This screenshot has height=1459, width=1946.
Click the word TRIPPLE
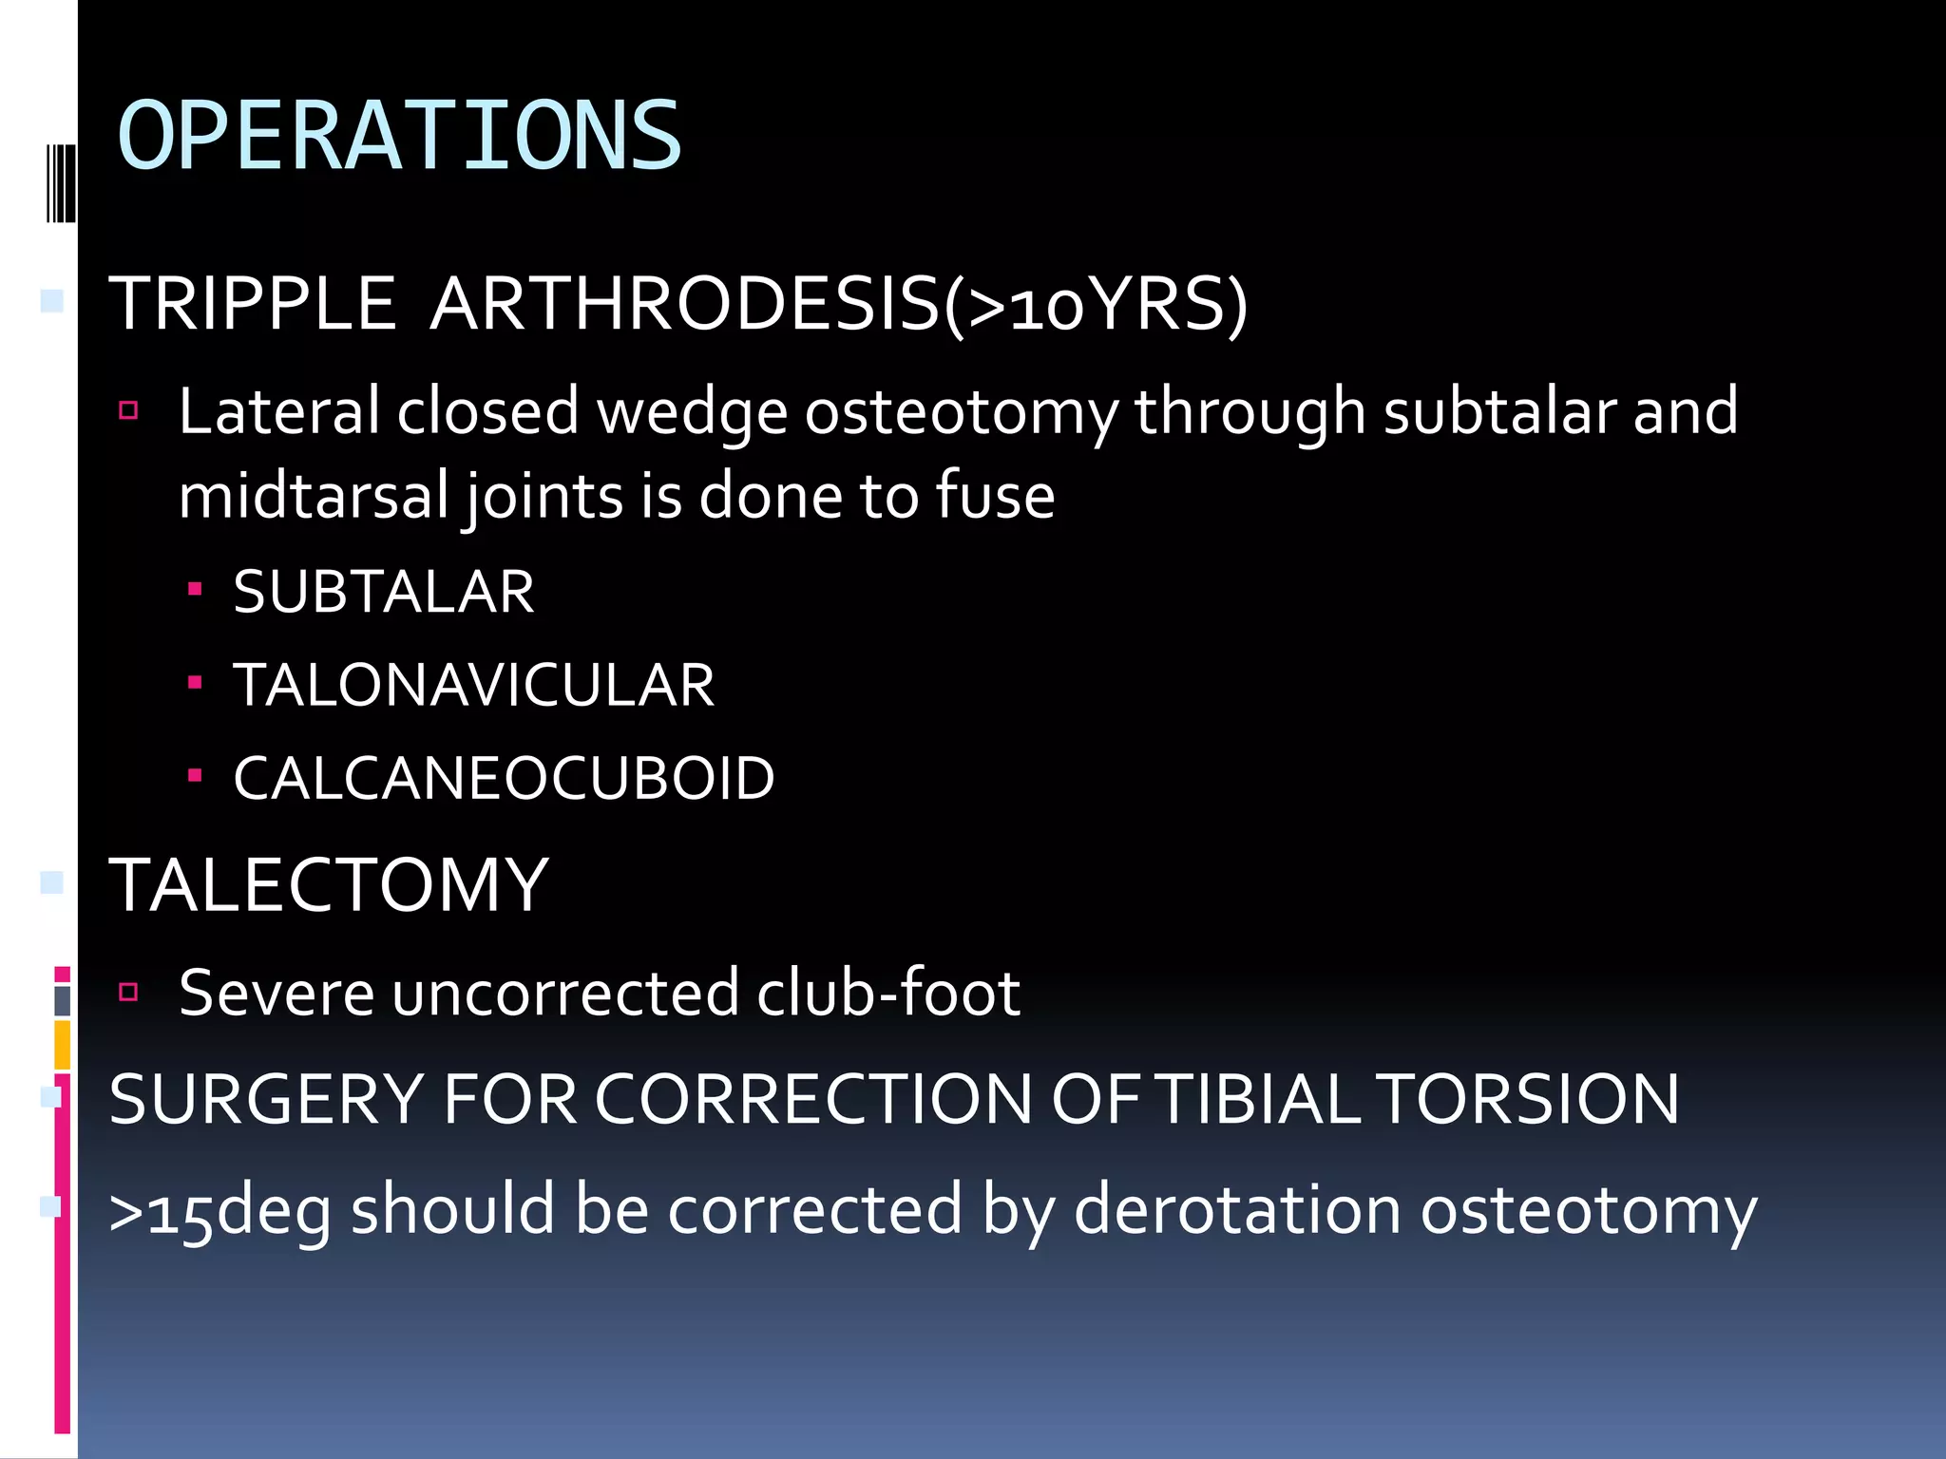tap(252, 304)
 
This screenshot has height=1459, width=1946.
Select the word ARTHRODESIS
tap(684, 304)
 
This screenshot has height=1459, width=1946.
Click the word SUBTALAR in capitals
tap(383, 592)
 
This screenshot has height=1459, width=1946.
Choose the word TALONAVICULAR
tap(473, 685)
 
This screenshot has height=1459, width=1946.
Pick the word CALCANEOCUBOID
tap(504, 778)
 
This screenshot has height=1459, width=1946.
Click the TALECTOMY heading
tap(329, 885)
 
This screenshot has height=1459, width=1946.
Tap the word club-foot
tap(887, 993)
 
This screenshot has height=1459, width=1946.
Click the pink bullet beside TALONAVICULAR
tap(195, 682)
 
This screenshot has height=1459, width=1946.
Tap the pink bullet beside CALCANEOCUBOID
tap(195, 775)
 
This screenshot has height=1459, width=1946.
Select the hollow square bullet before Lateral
tap(129, 410)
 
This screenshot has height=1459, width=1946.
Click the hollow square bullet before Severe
tap(129, 993)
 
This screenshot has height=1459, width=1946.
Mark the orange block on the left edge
tap(62, 1044)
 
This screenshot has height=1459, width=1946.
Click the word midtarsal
tap(313, 497)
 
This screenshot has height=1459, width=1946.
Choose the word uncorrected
tap(564, 993)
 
